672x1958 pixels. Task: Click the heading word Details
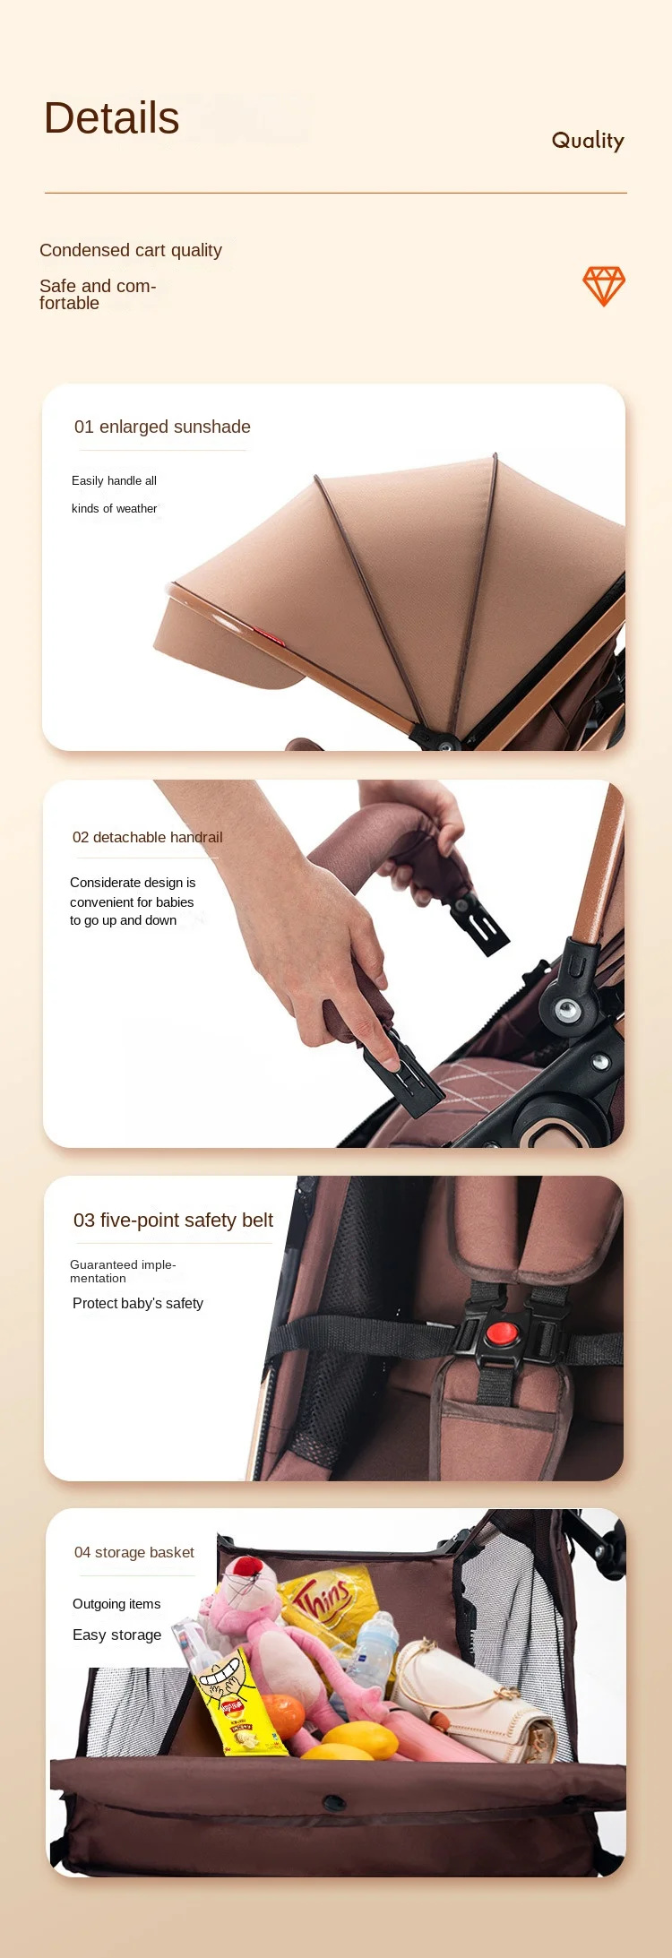112,118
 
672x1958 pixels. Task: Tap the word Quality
588,141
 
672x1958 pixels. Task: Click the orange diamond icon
604,286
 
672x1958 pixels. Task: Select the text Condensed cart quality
131,250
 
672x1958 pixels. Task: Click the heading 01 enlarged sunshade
162,427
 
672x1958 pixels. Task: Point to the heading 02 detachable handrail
148,837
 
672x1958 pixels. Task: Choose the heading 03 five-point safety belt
173,1221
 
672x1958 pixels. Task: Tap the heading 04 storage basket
134,1552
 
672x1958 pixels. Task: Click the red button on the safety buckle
502,1333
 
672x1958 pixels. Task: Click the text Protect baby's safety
138,1303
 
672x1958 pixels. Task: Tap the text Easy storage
117,1635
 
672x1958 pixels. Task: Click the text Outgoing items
116,1604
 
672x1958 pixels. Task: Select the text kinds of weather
115,508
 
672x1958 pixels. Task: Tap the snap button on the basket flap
334,1802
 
